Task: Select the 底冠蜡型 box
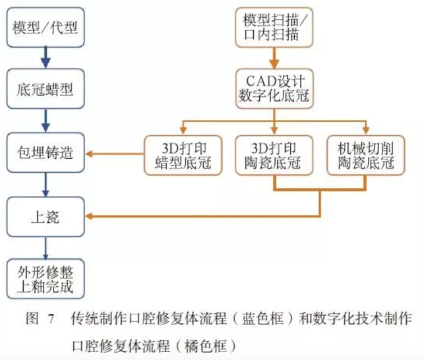[45, 90]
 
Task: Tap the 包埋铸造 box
[45, 154]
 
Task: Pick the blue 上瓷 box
[45, 216]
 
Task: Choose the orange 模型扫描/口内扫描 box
[274, 27]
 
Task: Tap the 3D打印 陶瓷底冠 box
[274, 154]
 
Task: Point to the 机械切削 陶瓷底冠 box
[364, 154]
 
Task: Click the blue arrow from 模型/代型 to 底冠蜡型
[45, 60]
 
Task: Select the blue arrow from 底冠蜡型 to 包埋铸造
[45, 122]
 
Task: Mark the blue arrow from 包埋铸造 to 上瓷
[45, 185]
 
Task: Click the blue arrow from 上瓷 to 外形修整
[45, 248]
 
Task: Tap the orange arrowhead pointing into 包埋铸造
[92, 154]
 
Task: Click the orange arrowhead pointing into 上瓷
[92, 216]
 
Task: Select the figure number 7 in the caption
[50, 320]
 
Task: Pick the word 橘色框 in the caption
[198, 344]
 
